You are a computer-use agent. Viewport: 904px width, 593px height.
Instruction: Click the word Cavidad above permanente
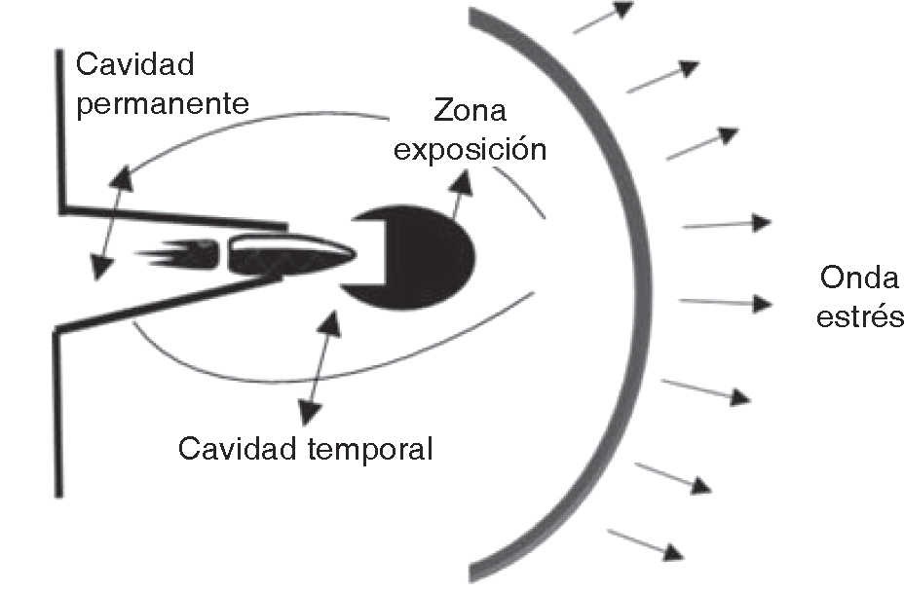pyautogui.click(x=135, y=66)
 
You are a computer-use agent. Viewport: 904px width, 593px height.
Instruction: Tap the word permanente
pyautogui.click(x=162, y=103)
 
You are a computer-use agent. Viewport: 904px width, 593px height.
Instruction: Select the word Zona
pyautogui.click(x=471, y=110)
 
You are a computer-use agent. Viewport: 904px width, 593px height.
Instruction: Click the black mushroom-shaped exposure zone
pyautogui.click(x=419, y=256)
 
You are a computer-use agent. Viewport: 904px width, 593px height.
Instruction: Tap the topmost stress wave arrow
pyautogui.click(x=604, y=19)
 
